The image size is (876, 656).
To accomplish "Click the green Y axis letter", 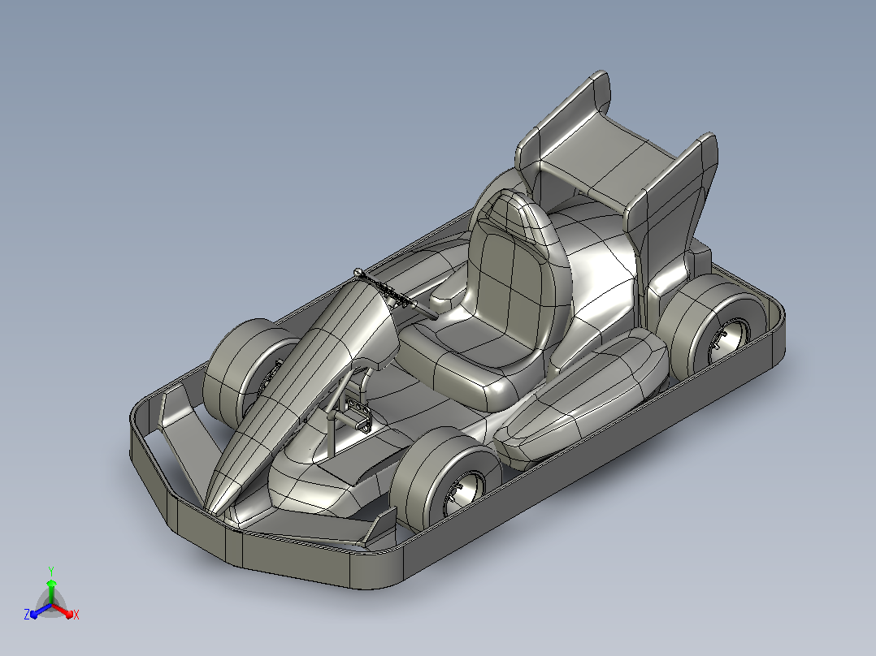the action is point(51,571).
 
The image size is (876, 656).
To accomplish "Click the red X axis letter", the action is point(76,615).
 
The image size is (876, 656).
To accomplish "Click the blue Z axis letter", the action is point(27,614).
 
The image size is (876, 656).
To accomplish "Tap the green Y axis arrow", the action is point(51,591).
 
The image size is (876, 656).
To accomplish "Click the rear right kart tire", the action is point(709,326).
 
